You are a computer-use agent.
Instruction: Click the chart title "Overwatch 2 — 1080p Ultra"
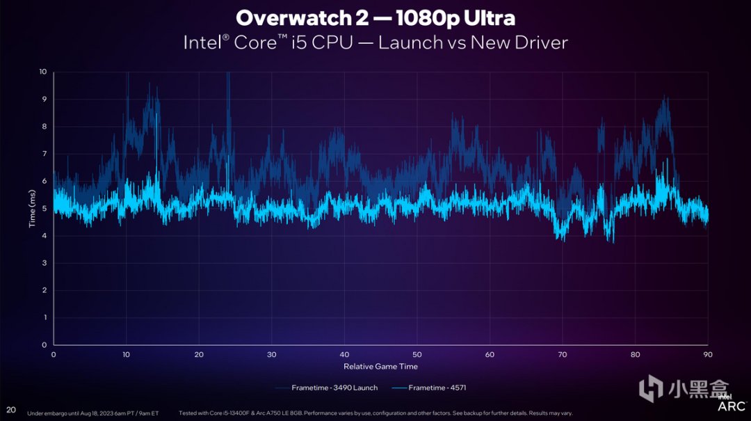coord(375,17)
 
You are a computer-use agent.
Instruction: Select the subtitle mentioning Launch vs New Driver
coord(375,42)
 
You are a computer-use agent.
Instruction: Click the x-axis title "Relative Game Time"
coord(380,366)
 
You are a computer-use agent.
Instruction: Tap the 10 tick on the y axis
coord(44,72)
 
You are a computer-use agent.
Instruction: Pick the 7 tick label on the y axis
coord(45,154)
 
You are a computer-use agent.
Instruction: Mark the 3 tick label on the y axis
coord(45,263)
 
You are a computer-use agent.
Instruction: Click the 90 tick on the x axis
coord(707,354)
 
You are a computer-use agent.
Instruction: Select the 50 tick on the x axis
coord(417,354)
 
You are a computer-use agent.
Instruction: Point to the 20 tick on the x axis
coord(199,354)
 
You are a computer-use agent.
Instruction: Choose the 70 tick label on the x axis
coord(562,354)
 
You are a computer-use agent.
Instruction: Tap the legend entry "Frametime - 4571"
coord(433,387)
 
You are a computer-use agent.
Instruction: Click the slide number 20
coord(11,409)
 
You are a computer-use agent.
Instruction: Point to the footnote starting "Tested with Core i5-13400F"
coord(375,413)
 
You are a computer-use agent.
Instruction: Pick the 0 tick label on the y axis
coord(45,344)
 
